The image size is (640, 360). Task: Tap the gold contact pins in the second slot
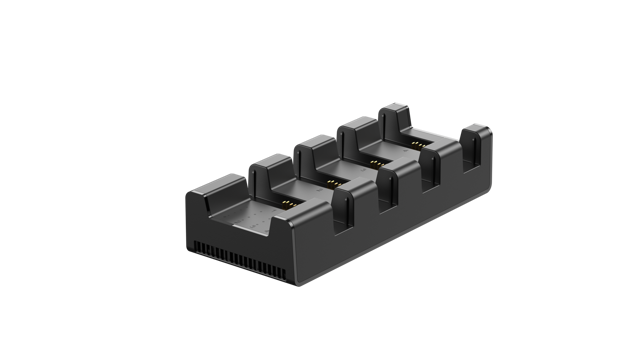[x=329, y=183]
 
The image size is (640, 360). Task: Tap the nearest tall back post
[x=267, y=168]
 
